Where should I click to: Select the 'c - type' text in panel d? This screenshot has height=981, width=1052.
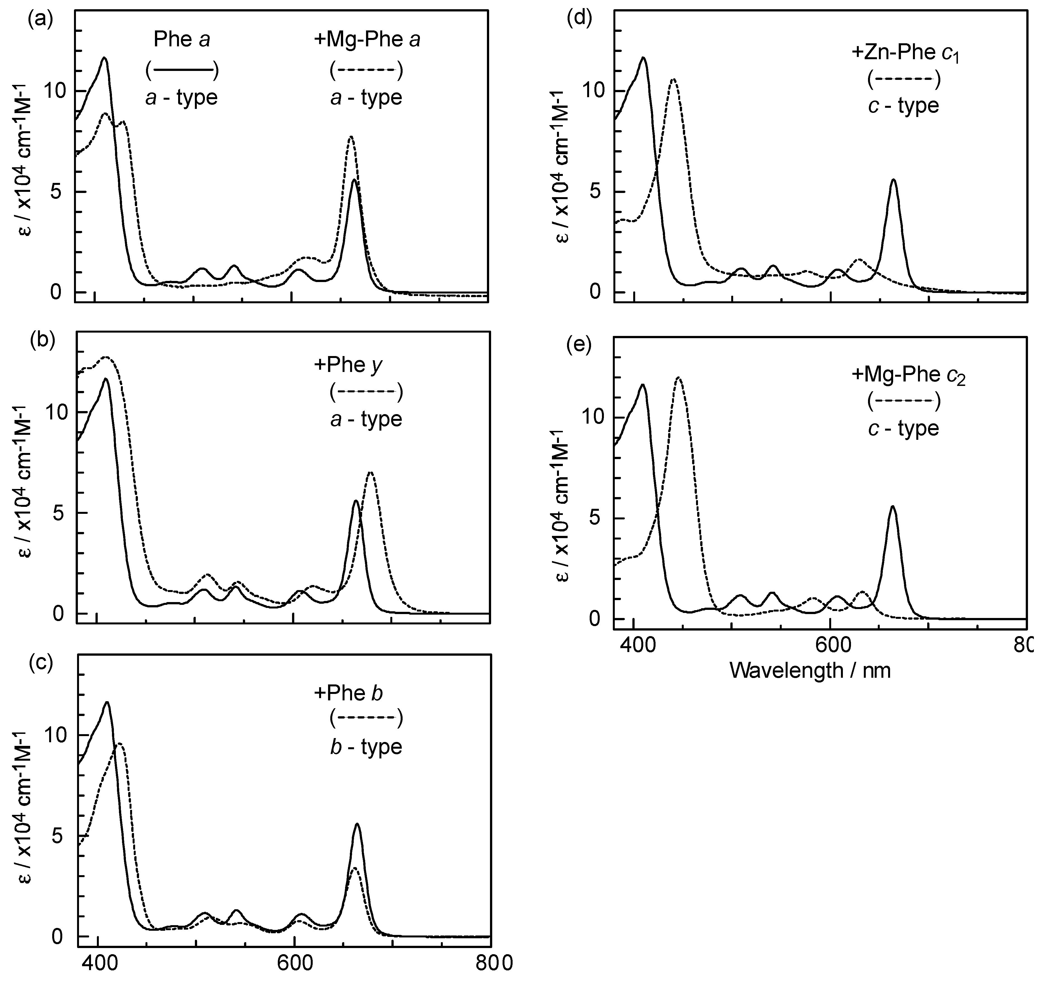tap(903, 105)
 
